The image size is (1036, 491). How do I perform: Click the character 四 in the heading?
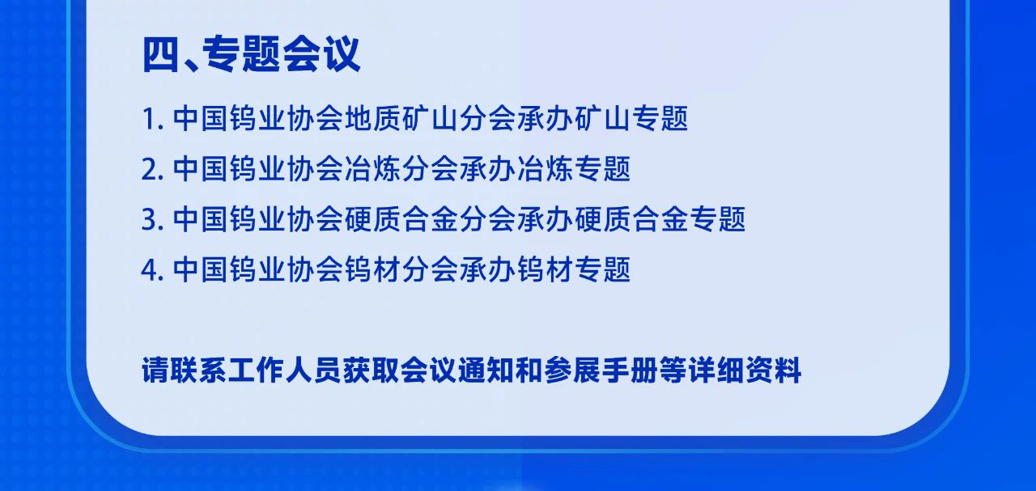[x=160, y=54]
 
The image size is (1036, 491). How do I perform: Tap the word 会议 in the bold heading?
[x=321, y=54]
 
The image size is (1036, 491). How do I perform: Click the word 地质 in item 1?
[x=373, y=119]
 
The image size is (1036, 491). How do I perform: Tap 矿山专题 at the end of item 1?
[x=631, y=119]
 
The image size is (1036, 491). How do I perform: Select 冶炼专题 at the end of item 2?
[x=574, y=169]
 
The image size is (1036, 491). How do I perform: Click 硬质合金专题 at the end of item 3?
[x=660, y=219]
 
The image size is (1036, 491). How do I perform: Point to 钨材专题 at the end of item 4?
[x=574, y=269]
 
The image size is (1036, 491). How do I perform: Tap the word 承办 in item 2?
[x=488, y=169]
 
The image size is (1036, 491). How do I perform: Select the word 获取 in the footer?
[x=371, y=370]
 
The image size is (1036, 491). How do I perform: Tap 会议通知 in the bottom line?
[x=457, y=370]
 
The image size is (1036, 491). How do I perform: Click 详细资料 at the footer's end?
[x=745, y=370]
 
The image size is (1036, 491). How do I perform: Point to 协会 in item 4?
[x=316, y=269]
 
